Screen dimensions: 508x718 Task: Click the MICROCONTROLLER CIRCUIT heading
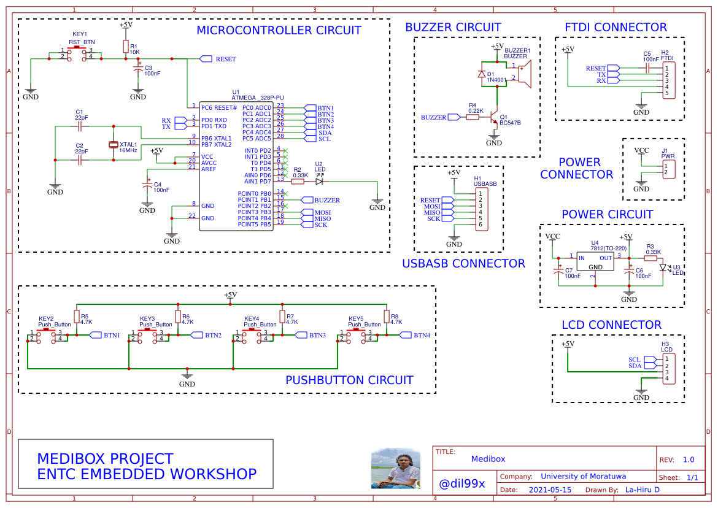click(x=279, y=30)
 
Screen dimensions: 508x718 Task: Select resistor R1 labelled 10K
click(x=126, y=47)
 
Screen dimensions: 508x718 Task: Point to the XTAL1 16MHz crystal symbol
click(x=114, y=145)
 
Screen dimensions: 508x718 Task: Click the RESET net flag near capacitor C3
click(x=206, y=59)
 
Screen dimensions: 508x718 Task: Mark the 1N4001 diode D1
click(x=482, y=74)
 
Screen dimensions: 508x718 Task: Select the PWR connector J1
click(x=669, y=169)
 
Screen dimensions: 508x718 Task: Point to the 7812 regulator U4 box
click(x=595, y=262)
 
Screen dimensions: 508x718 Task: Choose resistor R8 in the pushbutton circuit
click(x=387, y=317)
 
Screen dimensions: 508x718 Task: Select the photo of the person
click(x=396, y=468)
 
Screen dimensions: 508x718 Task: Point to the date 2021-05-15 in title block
click(x=550, y=490)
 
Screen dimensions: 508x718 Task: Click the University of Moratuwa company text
click(x=583, y=476)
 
